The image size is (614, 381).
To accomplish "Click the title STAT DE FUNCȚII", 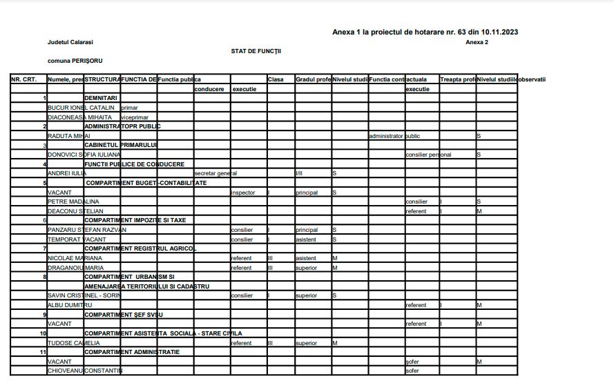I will pos(256,51).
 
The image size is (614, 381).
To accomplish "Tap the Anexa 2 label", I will pos(477,42).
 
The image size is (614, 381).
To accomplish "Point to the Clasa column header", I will pos(276,79).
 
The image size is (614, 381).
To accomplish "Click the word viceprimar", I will pos(135,117).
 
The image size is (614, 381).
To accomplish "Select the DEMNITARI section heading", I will pos(101,99).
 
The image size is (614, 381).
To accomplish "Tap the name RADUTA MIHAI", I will pos(68,136).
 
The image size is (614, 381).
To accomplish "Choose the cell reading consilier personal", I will pos(428,155).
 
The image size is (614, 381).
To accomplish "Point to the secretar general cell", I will pos(215,173).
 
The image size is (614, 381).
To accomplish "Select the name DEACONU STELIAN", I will pos(74,211).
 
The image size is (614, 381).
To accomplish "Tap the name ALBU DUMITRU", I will pos(69,304).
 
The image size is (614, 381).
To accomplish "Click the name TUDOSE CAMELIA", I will pos(73,342).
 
